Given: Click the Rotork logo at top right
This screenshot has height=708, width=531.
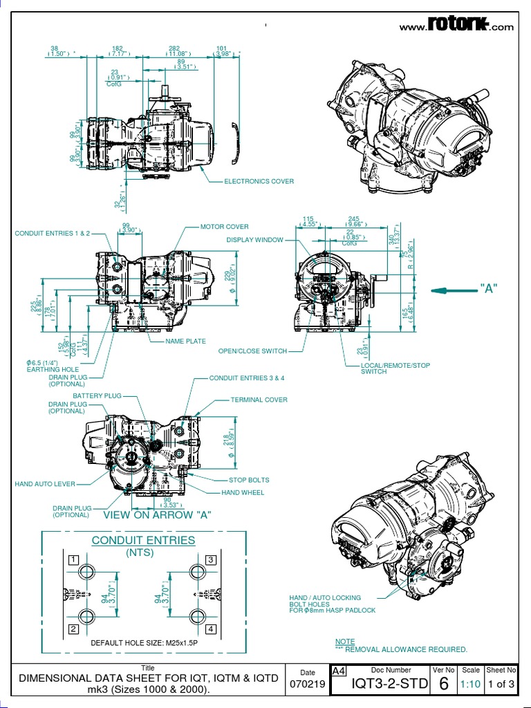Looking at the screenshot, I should click(457, 26).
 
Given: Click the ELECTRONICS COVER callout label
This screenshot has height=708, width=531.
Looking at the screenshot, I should click(259, 181).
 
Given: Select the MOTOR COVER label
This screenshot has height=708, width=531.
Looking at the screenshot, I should click(224, 227).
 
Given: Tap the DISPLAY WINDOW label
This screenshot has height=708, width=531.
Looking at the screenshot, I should click(254, 240).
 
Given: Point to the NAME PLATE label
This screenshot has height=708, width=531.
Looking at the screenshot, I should click(185, 342).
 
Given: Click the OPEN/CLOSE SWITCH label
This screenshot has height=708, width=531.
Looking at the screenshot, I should click(252, 351).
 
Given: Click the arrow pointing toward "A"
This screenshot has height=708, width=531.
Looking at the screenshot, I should click(454, 290).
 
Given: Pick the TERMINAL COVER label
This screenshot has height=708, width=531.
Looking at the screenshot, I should click(259, 400).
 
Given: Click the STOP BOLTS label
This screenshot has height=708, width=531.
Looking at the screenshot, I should click(249, 480).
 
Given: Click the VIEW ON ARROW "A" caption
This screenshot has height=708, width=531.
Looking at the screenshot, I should click(157, 515).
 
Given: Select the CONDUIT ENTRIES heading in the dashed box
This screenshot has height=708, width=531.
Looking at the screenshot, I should click(143, 540).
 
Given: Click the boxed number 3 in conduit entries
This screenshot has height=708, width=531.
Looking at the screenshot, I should click(211, 559).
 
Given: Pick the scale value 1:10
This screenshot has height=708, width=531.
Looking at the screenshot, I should click(470, 684).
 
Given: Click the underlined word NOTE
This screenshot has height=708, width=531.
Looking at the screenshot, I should click(345, 642).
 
